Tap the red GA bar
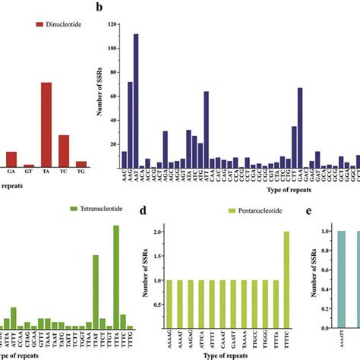coord(11,159)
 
